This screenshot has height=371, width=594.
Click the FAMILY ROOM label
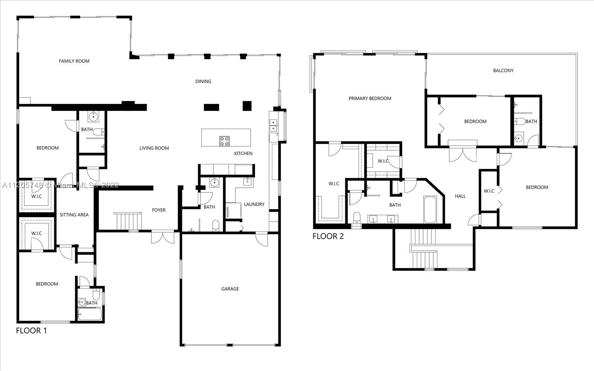point(74,61)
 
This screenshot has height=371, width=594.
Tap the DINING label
point(203,81)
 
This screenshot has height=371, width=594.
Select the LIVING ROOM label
point(154,148)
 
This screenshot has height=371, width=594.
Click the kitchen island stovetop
point(224,141)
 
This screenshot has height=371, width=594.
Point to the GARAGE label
point(230,289)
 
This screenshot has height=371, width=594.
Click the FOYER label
point(159,210)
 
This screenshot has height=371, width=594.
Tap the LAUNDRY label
point(254,204)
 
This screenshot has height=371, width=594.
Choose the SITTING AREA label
point(74,215)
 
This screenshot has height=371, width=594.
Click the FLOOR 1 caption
point(32,331)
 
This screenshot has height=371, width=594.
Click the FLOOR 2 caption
point(328,236)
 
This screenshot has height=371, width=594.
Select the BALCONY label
point(503,70)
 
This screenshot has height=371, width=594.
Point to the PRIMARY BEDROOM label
point(370,98)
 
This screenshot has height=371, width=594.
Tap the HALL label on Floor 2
point(460,196)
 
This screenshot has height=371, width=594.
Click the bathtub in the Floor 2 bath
point(430,210)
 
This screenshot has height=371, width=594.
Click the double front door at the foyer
point(163,237)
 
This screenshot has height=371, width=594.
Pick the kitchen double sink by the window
point(273,125)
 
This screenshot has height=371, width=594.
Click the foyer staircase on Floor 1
point(127,221)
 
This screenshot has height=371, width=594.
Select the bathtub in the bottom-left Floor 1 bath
point(89,315)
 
